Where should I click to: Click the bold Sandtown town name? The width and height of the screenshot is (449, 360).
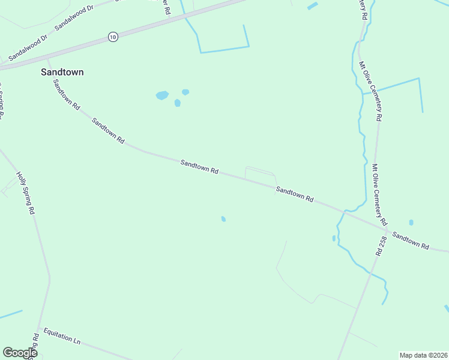coord(62,72)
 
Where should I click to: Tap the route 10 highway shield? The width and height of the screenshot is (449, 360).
coord(113,37)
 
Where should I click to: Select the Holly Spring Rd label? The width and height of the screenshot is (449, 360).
coord(26,193)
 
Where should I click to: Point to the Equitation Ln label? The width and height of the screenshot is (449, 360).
coord(62,335)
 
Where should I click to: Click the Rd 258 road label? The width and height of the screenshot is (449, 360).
coord(380,247)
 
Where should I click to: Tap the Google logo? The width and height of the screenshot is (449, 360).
coord(20,353)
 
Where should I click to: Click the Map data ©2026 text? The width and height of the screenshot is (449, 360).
coord(423,355)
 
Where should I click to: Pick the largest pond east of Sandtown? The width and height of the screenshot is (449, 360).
coord(162,95)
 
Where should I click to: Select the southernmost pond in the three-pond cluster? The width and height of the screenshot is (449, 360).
coord(178,103)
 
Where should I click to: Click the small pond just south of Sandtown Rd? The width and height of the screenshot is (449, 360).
coord(223,219)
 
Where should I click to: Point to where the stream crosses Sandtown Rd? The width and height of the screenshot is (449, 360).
coord(344,211)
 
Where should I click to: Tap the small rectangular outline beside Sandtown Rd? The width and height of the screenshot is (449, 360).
coord(260,173)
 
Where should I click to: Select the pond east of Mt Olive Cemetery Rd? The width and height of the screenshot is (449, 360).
coord(411,223)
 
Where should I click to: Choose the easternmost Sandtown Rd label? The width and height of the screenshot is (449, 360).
coord(411,241)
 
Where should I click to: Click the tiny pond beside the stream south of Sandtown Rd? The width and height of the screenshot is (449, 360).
coord(334,238)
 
